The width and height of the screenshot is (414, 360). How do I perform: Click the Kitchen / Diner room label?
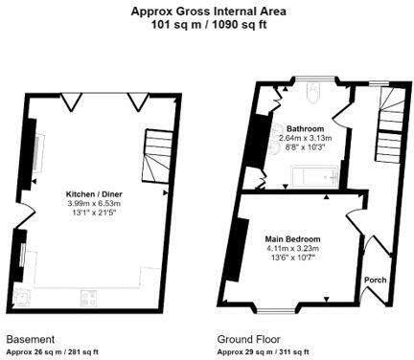(94, 194)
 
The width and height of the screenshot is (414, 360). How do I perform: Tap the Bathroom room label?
(305, 129)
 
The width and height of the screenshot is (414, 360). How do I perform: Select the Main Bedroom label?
(292, 239)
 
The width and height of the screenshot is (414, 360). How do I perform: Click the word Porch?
(376, 280)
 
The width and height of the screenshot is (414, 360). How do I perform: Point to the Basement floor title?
(31, 339)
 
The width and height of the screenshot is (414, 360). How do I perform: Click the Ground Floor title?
(249, 339)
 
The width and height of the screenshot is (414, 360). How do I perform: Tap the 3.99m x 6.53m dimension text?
(94, 203)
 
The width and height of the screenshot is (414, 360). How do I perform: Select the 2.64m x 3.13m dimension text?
(306, 138)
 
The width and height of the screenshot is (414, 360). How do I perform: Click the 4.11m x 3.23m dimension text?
(292, 248)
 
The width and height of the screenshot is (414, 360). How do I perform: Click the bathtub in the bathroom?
(314, 175)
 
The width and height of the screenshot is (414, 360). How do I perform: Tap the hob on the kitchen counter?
(88, 298)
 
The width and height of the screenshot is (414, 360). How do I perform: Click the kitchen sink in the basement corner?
(23, 298)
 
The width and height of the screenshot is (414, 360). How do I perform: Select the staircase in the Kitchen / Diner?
(157, 156)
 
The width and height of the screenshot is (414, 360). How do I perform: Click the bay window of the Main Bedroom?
(277, 309)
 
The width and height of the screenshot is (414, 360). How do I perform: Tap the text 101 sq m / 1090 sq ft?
(209, 24)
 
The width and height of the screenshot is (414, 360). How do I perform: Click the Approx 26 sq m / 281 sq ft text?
(53, 352)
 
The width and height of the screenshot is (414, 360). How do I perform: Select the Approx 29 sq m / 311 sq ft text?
(264, 352)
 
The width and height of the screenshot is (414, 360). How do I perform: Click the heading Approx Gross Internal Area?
(209, 11)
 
